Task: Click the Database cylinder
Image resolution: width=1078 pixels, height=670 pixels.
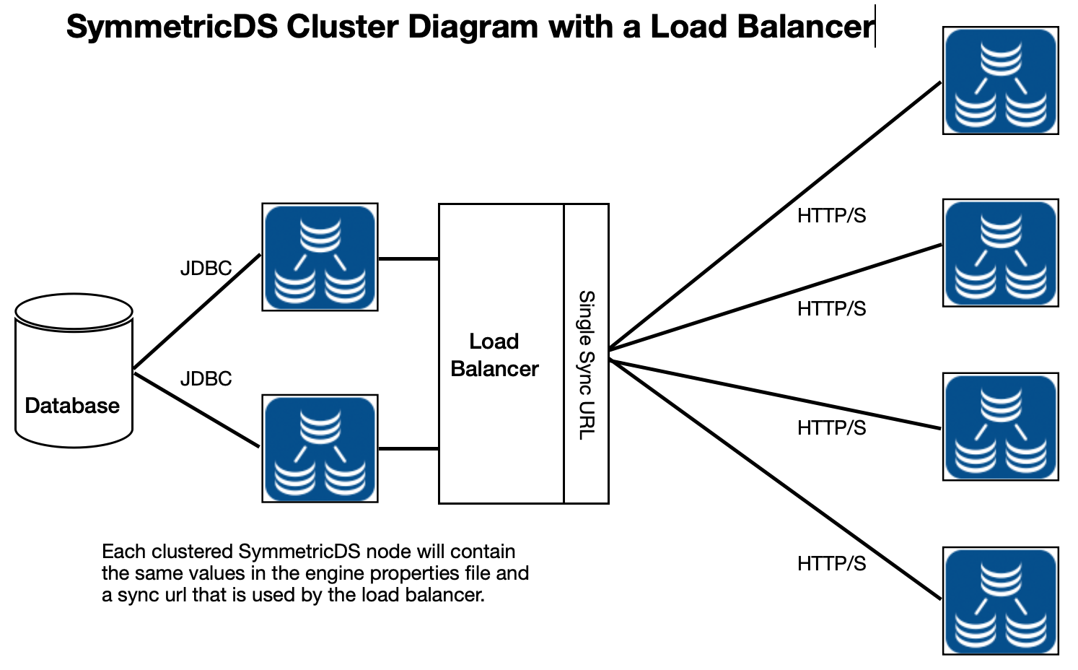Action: point(74,371)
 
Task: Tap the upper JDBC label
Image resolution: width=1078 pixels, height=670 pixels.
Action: point(206,269)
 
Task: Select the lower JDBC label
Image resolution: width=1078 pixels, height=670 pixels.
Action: point(206,379)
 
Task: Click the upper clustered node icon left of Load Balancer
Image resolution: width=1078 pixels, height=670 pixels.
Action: point(320,257)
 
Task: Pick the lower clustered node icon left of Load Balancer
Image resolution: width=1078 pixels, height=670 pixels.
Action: point(320,448)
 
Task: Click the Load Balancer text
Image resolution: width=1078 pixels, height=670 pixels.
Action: point(495,355)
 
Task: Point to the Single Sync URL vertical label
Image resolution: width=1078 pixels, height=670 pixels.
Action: point(587,365)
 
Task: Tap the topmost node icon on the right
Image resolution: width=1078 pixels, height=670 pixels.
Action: point(1001,80)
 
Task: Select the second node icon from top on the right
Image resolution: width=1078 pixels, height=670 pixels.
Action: point(1001,253)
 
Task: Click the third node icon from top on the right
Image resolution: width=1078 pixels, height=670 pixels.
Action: point(1001,427)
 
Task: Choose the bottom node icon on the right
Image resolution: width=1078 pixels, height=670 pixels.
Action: point(1001,601)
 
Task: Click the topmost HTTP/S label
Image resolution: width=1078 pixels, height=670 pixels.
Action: point(832,216)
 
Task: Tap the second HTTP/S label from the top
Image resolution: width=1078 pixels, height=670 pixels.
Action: point(832,309)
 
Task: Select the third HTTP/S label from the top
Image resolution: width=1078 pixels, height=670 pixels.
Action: point(832,427)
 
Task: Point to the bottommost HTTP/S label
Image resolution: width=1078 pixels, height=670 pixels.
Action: point(832,564)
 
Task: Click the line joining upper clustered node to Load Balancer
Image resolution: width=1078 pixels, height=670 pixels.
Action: point(408,259)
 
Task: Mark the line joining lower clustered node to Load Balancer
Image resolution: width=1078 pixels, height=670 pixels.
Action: point(408,449)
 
